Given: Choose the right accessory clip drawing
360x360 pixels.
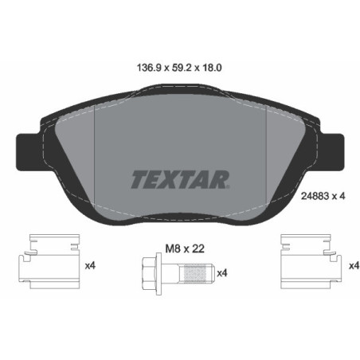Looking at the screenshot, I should [307, 264].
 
